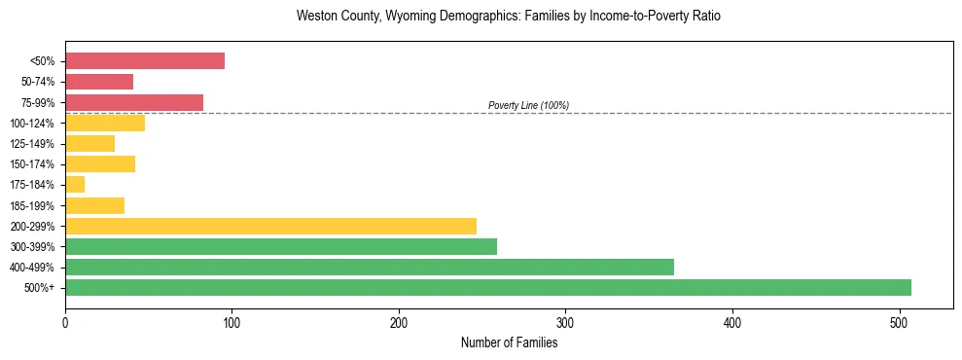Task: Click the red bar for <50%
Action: [145, 61]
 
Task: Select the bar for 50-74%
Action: [99, 82]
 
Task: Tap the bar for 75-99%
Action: [134, 102]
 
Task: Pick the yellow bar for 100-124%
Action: [105, 123]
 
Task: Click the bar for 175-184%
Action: [75, 185]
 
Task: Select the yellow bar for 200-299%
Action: [270, 226]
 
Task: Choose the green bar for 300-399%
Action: [281, 246]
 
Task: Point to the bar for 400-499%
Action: [370, 267]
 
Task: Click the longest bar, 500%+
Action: [488, 287]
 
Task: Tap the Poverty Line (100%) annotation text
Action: [528, 105]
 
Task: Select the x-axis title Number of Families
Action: [510, 342]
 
